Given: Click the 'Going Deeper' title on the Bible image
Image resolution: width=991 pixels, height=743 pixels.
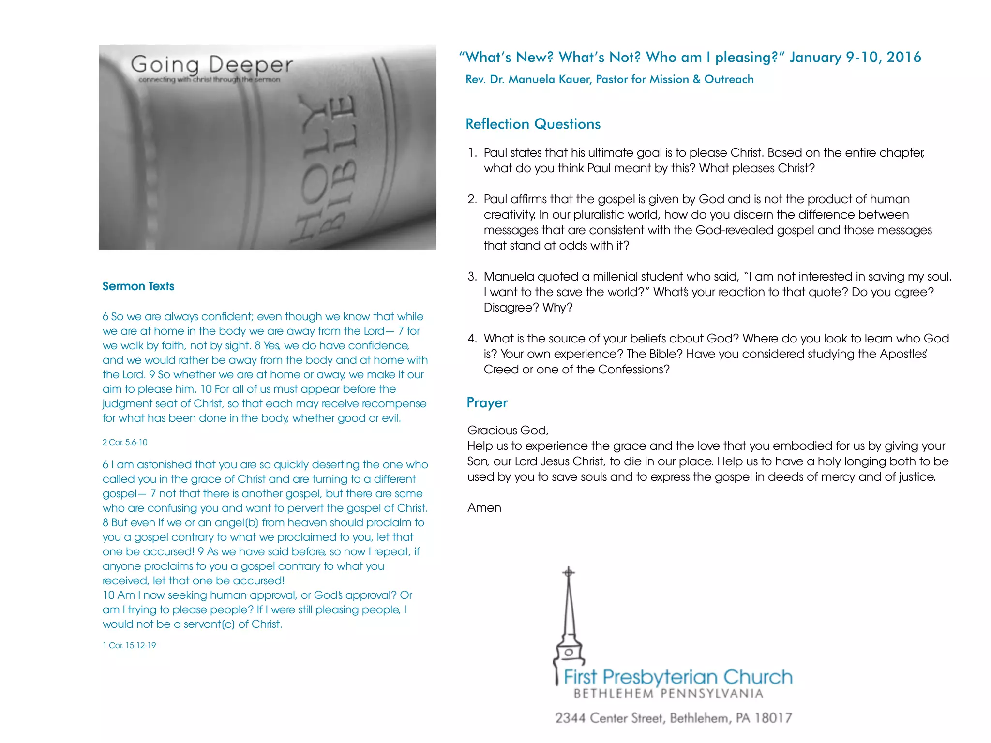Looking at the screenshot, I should click(x=211, y=65).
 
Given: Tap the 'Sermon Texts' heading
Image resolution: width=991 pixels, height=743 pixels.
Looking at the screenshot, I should click(x=138, y=286).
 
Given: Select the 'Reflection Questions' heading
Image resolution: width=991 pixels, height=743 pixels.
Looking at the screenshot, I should click(x=533, y=124).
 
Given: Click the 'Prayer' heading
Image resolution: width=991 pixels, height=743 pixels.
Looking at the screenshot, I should click(x=487, y=402).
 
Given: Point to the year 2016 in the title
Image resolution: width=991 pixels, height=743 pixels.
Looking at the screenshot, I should click(x=903, y=57).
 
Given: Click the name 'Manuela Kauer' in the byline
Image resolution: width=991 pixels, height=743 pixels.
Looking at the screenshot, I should click(x=549, y=79).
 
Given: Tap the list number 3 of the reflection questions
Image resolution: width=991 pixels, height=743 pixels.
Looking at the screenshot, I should click(x=472, y=277).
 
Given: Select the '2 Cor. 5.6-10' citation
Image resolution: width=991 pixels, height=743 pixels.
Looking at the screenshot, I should click(x=125, y=442).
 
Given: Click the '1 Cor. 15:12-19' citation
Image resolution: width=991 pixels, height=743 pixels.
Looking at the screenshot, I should click(x=129, y=645).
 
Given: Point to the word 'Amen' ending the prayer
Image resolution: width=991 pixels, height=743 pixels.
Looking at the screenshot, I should click(x=484, y=508).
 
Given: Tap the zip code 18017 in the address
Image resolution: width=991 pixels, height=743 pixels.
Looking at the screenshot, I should click(x=773, y=718).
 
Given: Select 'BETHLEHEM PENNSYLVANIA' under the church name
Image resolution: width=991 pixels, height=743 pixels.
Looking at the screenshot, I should click(x=668, y=694).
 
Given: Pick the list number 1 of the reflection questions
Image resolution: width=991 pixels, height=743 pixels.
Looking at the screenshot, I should click(x=472, y=153).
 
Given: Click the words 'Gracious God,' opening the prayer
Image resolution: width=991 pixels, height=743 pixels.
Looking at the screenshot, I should click(x=508, y=431).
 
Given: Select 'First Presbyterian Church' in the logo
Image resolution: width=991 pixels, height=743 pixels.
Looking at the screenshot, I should click(x=678, y=677).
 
